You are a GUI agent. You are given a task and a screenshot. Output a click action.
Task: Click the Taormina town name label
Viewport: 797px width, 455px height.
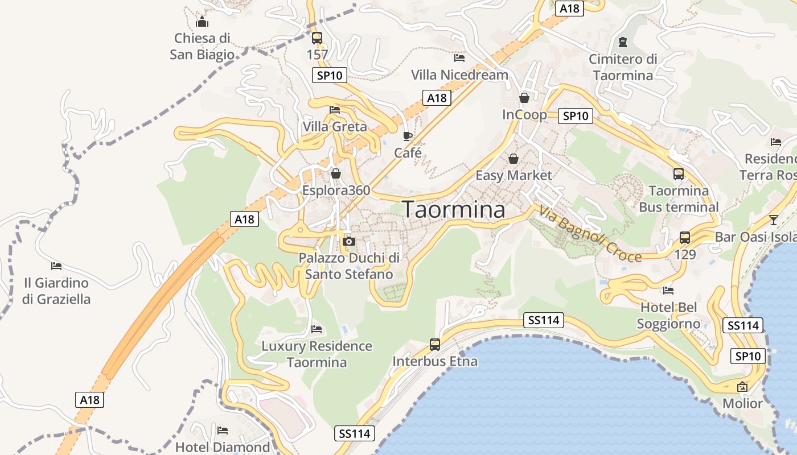pos(454,210)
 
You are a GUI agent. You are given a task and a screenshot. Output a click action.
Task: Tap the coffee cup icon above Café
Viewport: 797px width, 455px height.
pos(407,136)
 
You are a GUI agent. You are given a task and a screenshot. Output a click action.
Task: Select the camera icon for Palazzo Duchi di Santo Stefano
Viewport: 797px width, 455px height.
pos(349,242)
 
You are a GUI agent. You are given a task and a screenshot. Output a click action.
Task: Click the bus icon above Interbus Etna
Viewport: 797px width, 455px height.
pos(435,344)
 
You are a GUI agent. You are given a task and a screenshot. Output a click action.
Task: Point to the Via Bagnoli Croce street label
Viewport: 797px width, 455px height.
pos(589,234)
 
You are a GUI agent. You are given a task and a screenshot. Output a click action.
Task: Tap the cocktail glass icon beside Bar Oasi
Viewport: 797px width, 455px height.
pos(773,220)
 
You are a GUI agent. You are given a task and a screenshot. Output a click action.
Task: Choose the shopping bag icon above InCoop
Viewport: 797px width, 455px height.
pos(524,98)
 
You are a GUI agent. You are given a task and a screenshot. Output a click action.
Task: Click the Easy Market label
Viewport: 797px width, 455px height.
pos(513,175)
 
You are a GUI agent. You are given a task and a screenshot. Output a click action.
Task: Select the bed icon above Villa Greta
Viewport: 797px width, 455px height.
pos(335,110)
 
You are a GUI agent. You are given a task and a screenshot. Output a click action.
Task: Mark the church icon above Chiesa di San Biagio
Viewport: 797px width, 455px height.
pos(202,23)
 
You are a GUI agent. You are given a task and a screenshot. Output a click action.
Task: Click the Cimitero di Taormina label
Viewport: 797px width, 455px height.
pos(623,67)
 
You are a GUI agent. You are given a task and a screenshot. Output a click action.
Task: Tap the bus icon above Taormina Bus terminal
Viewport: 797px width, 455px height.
pos(679,174)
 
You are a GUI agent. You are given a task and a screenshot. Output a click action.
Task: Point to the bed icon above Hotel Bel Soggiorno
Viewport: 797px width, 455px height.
pos(668,291)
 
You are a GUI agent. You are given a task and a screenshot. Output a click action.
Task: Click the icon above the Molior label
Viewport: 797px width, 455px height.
pos(742,387)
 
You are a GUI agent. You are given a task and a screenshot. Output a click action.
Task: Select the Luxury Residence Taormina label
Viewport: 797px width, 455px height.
pos(317,354)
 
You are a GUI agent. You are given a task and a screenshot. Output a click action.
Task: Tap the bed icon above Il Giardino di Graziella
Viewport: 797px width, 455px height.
pos(56,266)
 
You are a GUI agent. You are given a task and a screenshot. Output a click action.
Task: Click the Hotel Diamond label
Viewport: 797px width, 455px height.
pos(223,447)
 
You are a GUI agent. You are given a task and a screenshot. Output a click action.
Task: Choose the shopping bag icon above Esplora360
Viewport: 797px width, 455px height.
pos(336,173)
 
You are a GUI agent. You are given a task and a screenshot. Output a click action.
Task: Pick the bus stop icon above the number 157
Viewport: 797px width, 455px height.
pos(317,38)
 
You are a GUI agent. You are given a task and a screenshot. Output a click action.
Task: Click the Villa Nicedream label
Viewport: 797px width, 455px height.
pos(459,75)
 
